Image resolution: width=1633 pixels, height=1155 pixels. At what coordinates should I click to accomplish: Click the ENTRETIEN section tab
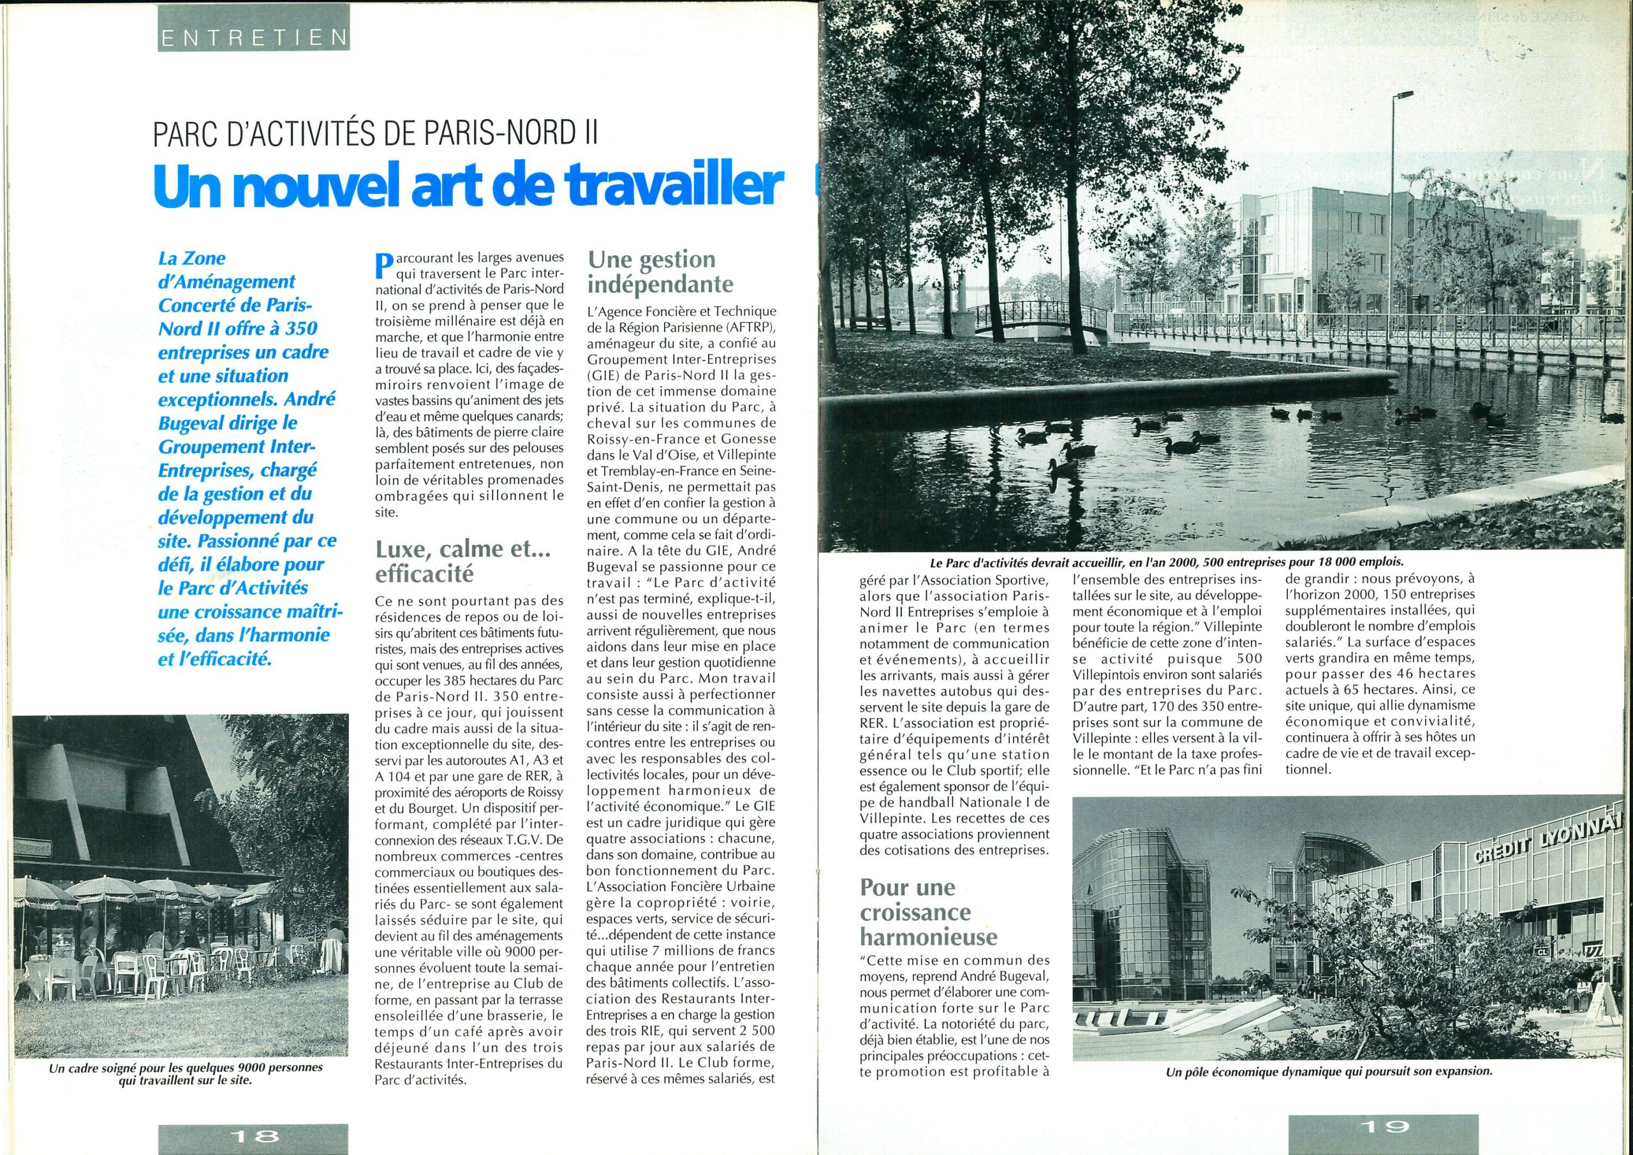[253, 37]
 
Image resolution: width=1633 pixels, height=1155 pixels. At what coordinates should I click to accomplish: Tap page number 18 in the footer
[253, 1133]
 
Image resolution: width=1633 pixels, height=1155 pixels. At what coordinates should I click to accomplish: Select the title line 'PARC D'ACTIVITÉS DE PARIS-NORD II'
[376, 135]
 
